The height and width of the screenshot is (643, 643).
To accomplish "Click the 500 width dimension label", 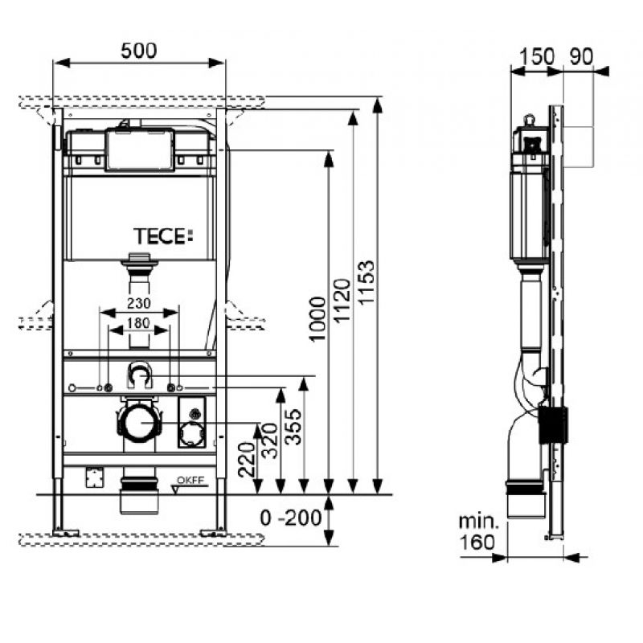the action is pyautogui.click(x=138, y=51).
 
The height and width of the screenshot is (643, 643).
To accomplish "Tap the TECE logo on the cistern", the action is pyautogui.click(x=163, y=236).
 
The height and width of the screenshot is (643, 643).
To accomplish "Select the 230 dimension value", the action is pyautogui.click(x=138, y=303).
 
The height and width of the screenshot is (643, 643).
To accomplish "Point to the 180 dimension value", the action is pyautogui.click(x=138, y=323).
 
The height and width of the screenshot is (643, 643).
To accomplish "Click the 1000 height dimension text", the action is pyautogui.click(x=317, y=319).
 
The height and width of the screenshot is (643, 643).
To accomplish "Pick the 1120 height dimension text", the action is pyautogui.click(x=342, y=301).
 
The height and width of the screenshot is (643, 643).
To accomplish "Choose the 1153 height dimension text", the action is pyautogui.click(x=366, y=282).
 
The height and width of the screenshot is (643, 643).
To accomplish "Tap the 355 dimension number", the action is pyautogui.click(x=293, y=427).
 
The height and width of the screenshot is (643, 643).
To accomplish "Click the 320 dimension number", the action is pyautogui.click(x=270, y=440).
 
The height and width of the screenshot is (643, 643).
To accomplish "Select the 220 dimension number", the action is pyautogui.click(x=247, y=459).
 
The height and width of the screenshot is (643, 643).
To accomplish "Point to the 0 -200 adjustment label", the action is pyautogui.click(x=291, y=518).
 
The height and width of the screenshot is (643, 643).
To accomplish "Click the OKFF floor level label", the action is pyautogui.click(x=190, y=481).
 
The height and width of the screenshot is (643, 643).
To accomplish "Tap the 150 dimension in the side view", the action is pyautogui.click(x=537, y=56).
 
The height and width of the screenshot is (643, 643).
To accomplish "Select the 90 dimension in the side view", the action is pyautogui.click(x=581, y=56).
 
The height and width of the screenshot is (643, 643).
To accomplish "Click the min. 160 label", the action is pyautogui.click(x=477, y=532).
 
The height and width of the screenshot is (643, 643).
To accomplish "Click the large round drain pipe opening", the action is pyautogui.click(x=139, y=423).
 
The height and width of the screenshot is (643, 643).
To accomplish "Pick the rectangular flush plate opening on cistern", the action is pyautogui.click(x=140, y=149).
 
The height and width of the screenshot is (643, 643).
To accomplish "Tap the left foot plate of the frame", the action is pyautogui.click(x=66, y=533).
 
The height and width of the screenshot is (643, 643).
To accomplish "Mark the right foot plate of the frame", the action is pyautogui.click(x=213, y=533).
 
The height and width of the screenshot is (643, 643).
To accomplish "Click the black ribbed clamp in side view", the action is pyautogui.click(x=553, y=425).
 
